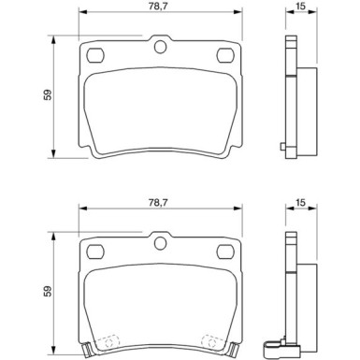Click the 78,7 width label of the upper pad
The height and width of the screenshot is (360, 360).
coord(157,6)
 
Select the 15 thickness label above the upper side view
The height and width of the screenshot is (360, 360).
coord(299,7)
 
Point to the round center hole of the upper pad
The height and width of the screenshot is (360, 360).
coord(159,48)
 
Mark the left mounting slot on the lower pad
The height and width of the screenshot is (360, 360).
coord(94,252)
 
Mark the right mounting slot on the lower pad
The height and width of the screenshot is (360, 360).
coord(224,252)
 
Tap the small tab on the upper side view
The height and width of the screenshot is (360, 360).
coord(283,146)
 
